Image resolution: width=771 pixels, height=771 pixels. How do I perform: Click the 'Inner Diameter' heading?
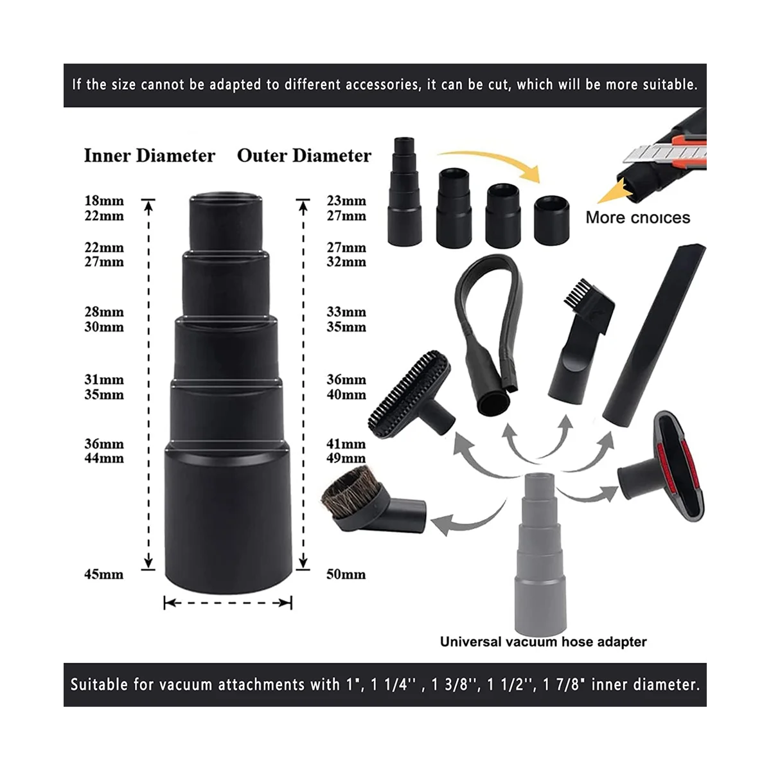click(x=149, y=156)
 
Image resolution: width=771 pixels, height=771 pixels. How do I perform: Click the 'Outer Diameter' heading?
click(x=304, y=156)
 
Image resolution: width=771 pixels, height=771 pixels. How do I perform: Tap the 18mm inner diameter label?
click(x=104, y=201)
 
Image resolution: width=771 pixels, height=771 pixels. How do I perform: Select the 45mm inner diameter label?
click(x=104, y=574)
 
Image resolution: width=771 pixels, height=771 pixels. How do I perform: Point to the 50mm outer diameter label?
click(x=346, y=574)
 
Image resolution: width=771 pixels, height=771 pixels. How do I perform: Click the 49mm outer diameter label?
click(x=346, y=459)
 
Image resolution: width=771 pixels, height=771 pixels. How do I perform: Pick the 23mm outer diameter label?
click(x=346, y=201)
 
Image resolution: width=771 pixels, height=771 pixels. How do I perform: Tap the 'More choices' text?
click(x=637, y=217)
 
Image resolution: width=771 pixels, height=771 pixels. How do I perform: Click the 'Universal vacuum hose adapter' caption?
click(x=543, y=641)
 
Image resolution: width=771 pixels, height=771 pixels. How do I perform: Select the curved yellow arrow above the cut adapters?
click(x=492, y=161)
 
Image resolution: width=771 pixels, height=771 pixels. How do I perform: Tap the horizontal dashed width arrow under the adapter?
click(x=228, y=603)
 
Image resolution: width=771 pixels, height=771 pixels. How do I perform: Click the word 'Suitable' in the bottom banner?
click(x=99, y=685)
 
